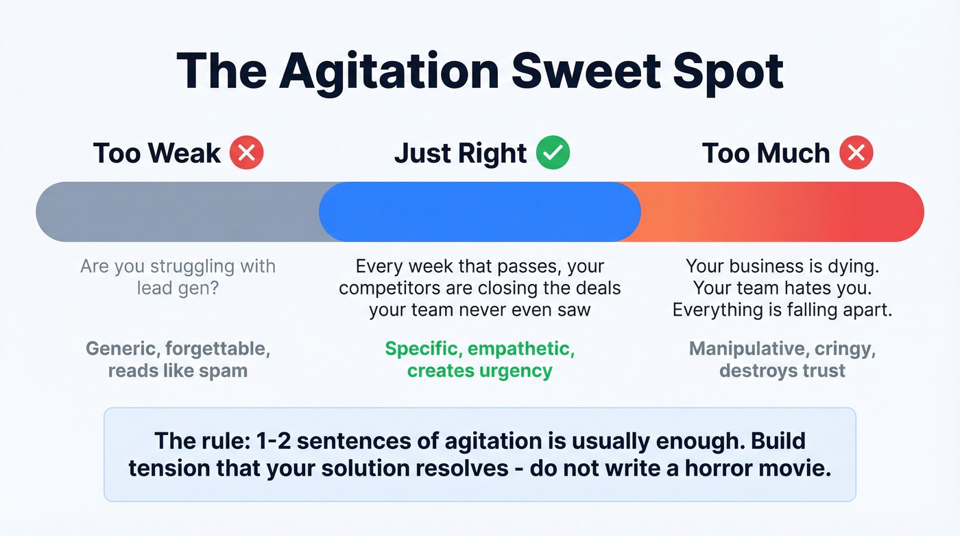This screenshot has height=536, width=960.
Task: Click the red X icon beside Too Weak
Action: point(246,152)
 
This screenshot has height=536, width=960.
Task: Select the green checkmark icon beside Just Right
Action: point(553,152)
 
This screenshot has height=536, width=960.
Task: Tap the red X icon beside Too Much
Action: point(856,152)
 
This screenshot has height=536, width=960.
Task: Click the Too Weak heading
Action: point(157,153)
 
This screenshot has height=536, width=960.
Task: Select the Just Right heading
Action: point(460,153)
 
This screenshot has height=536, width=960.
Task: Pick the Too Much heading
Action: point(765,153)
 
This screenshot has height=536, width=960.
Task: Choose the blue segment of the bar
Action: point(480,211)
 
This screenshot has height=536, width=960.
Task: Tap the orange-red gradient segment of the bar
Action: point(782,211)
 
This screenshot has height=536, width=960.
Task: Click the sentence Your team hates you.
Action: point(782,288)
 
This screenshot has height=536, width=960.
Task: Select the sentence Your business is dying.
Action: point(782,266)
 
